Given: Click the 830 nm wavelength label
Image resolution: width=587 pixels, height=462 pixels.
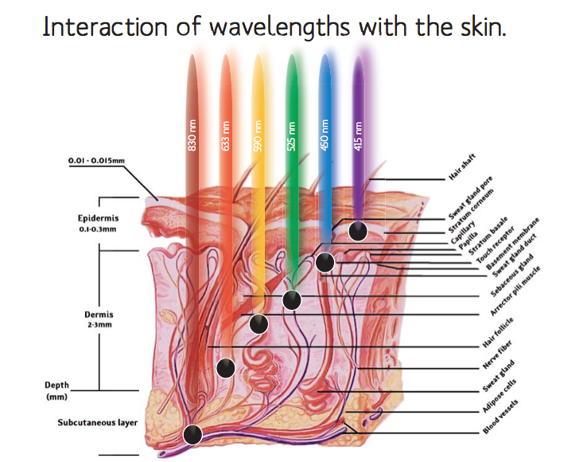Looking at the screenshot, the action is coord(192,135).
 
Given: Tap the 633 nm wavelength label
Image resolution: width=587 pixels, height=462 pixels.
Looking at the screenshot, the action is coord(225,136).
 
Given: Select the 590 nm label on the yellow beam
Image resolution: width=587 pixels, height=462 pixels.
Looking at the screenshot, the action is coord(258,136).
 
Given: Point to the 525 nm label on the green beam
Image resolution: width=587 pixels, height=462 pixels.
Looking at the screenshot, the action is coord(291,136).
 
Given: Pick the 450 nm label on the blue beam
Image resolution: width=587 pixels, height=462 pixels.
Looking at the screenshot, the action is coord(325,135).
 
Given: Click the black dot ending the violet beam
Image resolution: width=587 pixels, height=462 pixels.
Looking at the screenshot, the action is coord(358,231).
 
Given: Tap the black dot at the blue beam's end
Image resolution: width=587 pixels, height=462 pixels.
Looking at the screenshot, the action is coord(325,262).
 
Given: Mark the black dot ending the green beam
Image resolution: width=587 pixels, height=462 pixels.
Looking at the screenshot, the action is coord(292,300).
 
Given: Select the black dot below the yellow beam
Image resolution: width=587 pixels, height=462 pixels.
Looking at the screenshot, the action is coord(259,324).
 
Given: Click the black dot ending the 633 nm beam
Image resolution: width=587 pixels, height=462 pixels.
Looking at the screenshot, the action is coord(226,368).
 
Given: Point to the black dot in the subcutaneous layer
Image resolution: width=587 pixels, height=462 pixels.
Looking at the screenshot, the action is coord(192,435).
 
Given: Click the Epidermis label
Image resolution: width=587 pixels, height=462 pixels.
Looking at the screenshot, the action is coord(98,218).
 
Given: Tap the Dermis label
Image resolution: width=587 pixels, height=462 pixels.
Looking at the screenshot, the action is coord(99,315).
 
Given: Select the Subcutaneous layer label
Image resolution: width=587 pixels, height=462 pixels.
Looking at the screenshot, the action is coord(98,423).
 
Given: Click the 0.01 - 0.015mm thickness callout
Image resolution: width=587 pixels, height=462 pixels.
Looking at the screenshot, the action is coord(96,161).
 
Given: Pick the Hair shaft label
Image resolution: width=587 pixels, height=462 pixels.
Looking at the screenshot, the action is coord(462,166).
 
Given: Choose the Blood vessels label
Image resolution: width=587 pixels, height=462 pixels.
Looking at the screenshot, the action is coord(500,417).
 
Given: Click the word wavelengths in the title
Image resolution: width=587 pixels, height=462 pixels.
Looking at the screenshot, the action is coord(279,27).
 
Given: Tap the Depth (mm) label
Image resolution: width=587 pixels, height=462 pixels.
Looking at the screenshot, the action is coord(57,391).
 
